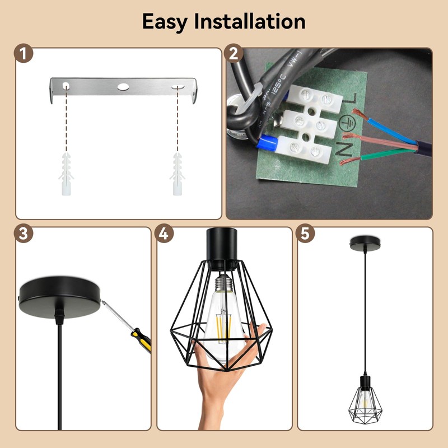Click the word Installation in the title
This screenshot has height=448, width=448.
pyautogui.click(x=250, y=21)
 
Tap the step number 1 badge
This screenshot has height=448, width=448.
pyautogui.click(x=23, y=54)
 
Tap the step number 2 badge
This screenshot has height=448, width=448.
pyautogui.click(x=234, y=54)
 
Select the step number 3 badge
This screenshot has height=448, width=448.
pyautogui.click(x=23, y=234)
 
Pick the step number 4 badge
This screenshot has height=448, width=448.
pyautogui.click(x=164, y=234)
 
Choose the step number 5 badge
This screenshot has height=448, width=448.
pyautogui.click(x=305, y=234)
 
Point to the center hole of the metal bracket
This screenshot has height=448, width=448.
pyautogui.click(x=123, y=87)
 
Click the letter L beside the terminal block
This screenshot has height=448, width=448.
pyautogui.click(x=353, y=99)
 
